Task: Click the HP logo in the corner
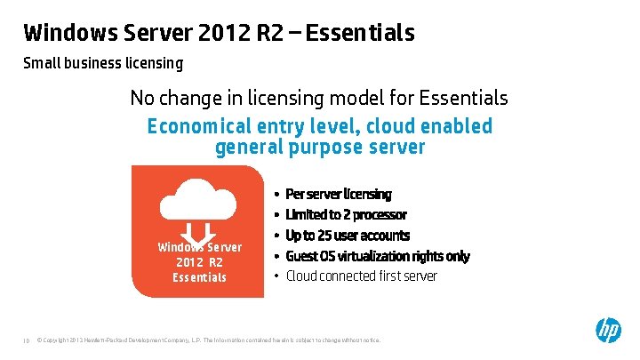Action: coord(608,331)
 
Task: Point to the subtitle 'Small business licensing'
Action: coord(103,63)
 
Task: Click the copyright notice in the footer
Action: coord(208,340)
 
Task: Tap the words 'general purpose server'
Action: coord(320,147)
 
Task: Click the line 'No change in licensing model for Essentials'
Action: coord(319,97)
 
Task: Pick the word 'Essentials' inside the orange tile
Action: coord(199,277)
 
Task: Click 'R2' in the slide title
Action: coord(272,33)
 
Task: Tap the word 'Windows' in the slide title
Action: coord(64,33)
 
